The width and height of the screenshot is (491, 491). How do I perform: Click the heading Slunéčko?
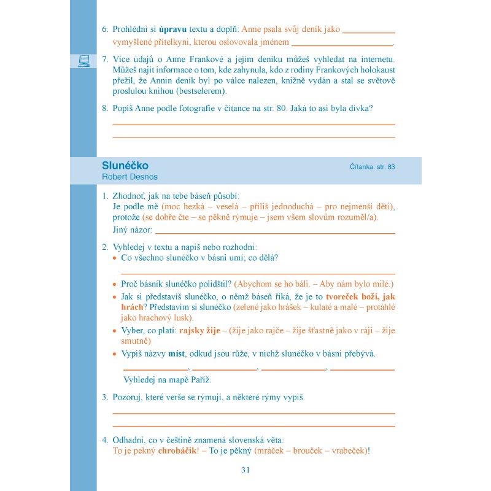(125, 166)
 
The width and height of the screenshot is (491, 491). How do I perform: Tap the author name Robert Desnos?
(130, 177)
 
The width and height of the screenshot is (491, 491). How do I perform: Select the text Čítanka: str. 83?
(372, 167)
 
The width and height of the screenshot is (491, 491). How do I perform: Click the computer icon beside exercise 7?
(84, 60)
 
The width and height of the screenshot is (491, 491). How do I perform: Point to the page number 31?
(245, 470)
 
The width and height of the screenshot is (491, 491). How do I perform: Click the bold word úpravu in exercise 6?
(172, 29)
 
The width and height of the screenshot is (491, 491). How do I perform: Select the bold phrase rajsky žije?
(199, 331)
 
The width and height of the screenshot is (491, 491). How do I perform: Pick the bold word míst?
(176, 354)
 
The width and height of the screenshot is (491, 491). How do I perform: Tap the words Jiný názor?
(132, 230)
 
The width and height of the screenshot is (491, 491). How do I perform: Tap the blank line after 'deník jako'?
(368, 29)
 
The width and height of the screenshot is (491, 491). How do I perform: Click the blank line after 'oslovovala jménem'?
(342, 43)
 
